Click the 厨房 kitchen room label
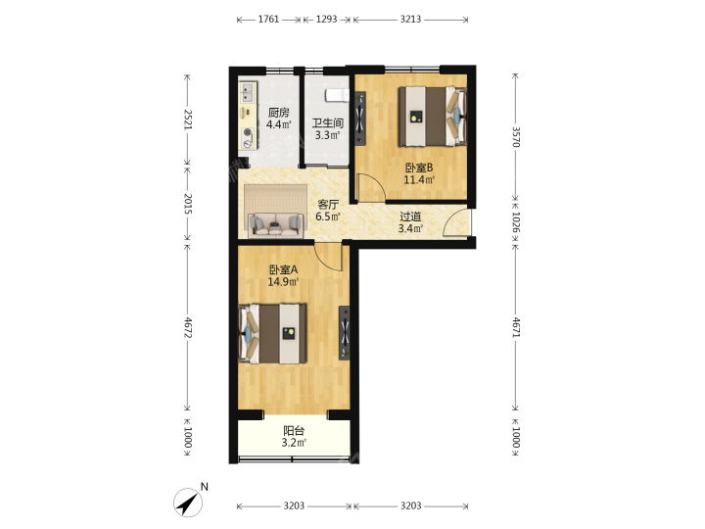pyautogui.click(x=279, y=113)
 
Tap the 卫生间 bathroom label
pyautogui.click(x=328, y=123)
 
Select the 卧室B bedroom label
pyautogui.click(x=419, y=168)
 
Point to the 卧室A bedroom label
pyautogui.click(x=283, y=270)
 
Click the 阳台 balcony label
pyautogui.click(x=294, y=430)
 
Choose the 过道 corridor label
pyautogui.click(x=410, y=216)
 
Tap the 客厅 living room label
pyautogui.click(x=328, y=205)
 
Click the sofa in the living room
pyautogui.click(x=276, y=224)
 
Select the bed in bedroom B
pyautogui.click(x=432, y=116)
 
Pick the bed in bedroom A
pyautogui.click(x=272, y=333)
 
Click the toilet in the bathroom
pyautogui.click(x=337, y=96)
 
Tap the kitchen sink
pyautogui.click(x=248, y=93)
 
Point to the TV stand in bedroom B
pyautogui.click(x=360, y=119)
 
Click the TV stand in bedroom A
pyautogui.click(x=345, y=333)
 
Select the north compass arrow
pyautogui.click(x=189, y=503)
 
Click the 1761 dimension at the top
pyautogui.click(x=268, y=20)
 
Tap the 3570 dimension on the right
pyautogui.click(x=516, y=136)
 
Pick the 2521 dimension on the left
pyautogui.click(x=187, y=120)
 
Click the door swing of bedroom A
pyautogui.click(x=329, y=258)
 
